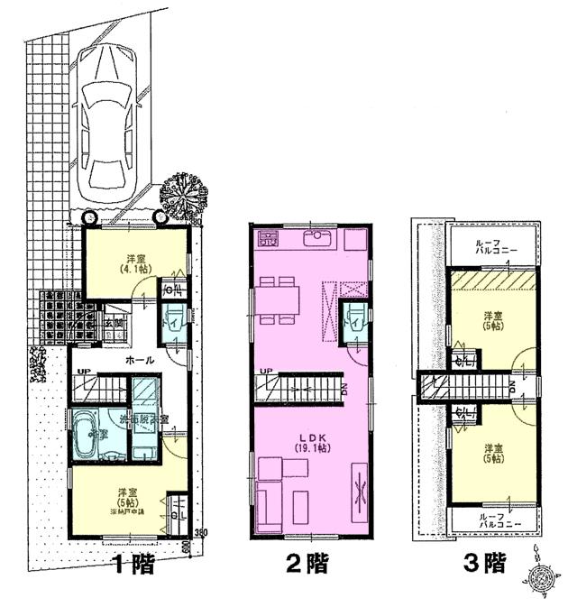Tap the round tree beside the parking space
185,192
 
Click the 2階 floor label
307,565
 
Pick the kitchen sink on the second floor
318,239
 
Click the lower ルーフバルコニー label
492,519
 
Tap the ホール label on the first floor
139,359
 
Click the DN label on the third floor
512,387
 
